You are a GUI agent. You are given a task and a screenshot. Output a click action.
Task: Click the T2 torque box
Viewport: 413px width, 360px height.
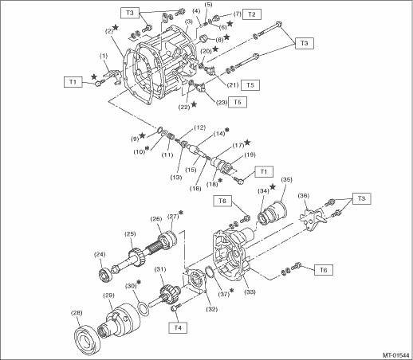pos(251,14)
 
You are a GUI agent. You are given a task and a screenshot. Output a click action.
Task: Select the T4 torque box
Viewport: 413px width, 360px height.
pos(178,327)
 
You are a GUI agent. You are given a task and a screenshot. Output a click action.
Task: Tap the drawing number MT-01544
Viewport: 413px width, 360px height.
pos(395,355)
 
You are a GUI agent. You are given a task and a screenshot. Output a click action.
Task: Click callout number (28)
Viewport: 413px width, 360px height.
pos(77,313)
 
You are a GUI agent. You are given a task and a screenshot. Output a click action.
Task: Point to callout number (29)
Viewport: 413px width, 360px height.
pos(108,295)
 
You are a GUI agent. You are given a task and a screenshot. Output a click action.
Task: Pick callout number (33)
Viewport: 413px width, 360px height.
pos(250,292)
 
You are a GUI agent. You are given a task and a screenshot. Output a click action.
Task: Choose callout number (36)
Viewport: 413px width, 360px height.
pos(303,196)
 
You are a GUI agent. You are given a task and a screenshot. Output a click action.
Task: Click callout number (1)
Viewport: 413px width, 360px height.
pos(104,56)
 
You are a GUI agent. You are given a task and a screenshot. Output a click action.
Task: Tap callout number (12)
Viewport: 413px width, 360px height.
pos(199,127)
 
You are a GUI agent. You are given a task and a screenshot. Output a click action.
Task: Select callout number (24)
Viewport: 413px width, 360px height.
pos(100,255)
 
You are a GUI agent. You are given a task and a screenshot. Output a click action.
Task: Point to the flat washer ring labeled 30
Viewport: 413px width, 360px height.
pos(144,309)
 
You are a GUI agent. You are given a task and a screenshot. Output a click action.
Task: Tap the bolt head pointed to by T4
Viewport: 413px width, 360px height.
pos(175,308)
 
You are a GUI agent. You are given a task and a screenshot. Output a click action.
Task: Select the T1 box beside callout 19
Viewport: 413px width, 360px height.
pos(264,172)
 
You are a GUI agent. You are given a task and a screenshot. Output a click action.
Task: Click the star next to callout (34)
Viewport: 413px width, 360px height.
pos(273,186)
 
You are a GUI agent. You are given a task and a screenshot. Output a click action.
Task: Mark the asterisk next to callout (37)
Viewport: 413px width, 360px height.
pos(231,291)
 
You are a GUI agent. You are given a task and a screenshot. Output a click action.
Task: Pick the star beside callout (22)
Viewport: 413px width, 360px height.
pos(194,104)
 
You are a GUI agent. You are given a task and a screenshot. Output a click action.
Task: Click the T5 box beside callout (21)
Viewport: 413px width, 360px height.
pos(250,85)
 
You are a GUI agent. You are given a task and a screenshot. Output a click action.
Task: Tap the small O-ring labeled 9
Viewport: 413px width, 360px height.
pos(159,130)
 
